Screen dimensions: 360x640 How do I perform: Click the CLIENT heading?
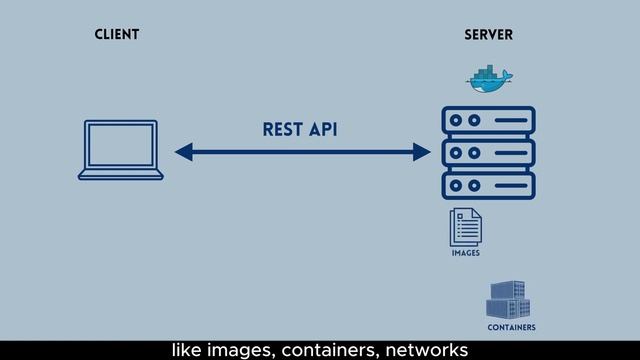tap(116, 35)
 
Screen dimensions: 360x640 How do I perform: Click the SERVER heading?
tap(488, 35)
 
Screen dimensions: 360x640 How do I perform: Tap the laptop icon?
tap(120, 150)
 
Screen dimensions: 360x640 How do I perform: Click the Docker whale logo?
tap(488, 78)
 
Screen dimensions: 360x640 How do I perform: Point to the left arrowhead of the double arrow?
tap(183, 152)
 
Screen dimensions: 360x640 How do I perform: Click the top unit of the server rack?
tap(488, 122)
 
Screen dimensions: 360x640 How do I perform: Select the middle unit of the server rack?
tap(488, 154)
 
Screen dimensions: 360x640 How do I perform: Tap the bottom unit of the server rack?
tap(488, 186)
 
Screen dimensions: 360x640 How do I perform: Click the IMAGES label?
tap(465, 254)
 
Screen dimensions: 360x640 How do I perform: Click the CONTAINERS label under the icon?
tap(511, 327)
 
